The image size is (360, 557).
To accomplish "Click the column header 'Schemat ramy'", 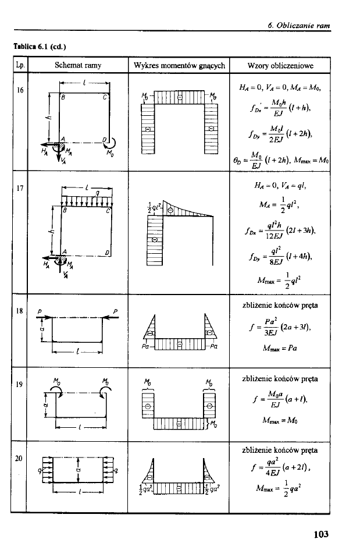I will click(x=77, y=65).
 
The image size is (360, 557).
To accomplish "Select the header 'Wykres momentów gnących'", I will click(x=179, y=65).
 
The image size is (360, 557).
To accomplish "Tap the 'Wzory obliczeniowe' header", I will click(x=281, y=65).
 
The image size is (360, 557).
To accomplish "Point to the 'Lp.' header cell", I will click(x=18, y=65).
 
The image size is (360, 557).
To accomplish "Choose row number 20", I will click(x=18, y=458).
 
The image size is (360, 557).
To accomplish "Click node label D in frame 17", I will click(x=105, y=251).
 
